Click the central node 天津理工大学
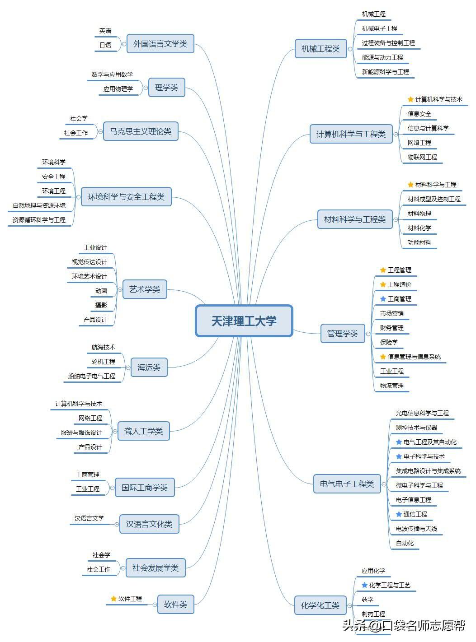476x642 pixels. pos(244,321)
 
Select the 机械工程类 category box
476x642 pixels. pos(320,49)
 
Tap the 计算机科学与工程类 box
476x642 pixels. pos(351,134)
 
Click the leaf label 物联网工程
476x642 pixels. pos(422,157)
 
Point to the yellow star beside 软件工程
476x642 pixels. pos(113,599)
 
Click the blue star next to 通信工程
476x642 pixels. pos(399,514)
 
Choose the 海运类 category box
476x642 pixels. pos(149,368)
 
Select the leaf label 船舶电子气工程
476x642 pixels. pos(92,376)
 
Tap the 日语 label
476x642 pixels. pos(105,45)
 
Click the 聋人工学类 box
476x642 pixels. pos(143,431)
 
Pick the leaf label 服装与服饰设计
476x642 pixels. pos(81,433)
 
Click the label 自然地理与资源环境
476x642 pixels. pos(39,205)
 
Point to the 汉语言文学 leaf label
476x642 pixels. pos(89,518)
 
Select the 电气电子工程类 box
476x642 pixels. pos(347,484)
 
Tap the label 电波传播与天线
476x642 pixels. pos(416,529)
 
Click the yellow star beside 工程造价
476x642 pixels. pos(383,284)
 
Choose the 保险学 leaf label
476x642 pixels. pos(389,342)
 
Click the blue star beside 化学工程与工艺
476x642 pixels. pos(364,585)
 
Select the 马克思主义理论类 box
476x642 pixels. pos(141,131)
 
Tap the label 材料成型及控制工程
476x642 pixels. pos(434,199)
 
